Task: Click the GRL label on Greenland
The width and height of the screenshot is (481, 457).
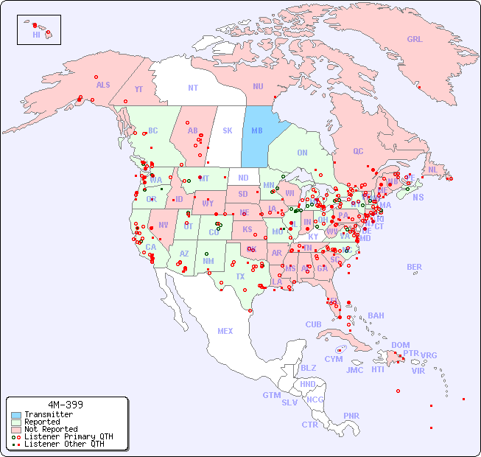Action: [x=415, y=40]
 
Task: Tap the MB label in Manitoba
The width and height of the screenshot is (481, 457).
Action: [x=257, y=130]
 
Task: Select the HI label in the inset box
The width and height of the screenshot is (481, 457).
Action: [x=36, y=35]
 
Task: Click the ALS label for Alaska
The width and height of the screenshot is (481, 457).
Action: [x=103, y=85]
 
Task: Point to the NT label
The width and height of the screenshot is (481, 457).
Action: [x=193, y=88]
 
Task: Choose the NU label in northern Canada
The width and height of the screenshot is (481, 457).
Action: [x=258, y=87]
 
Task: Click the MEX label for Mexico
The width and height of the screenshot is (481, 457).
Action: [x=225, y=331]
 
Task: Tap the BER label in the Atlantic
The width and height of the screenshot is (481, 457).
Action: [x=415, y=267]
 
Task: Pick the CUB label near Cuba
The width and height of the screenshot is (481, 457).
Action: [x=313, y=324]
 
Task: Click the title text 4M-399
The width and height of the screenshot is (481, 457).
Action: [x=66, y=405]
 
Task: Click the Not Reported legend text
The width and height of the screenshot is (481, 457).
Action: [x=50, y=429]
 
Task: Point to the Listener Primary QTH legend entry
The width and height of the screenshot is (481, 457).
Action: [x=68, y=436]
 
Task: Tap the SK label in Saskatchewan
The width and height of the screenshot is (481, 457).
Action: [x=228, y=130]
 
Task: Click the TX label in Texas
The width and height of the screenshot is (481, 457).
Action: [x=240, y=276]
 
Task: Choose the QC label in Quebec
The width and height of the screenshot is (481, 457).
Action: [x=358, y=151]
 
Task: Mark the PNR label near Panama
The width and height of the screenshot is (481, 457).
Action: [x=351, y=416]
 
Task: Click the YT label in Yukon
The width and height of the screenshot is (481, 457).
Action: [x=138, y=89]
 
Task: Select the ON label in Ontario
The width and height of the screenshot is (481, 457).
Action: [x=302, y=153]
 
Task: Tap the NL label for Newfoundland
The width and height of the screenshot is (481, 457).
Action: [x=432, y=170]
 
